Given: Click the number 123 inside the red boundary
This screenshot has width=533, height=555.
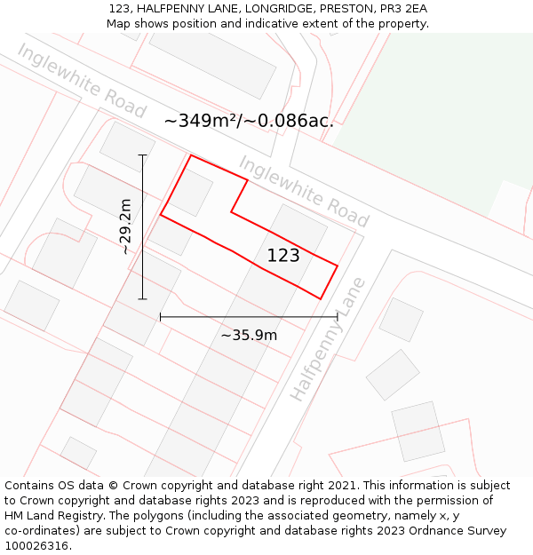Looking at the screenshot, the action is pos(283,256).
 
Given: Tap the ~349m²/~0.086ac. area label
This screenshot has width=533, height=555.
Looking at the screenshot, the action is pos(249,121).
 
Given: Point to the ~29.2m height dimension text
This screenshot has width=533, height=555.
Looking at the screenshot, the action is pos(125,226).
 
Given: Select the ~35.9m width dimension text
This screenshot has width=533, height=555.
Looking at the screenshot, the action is pos(249,335).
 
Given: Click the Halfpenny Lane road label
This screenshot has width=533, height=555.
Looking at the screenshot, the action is pos(328,339).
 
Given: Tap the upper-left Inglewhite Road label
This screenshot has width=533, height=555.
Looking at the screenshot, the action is pos(81,81).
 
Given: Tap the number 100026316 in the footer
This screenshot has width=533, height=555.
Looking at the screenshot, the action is pos(36,546).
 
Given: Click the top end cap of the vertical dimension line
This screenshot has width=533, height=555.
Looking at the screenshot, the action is pos(142,155).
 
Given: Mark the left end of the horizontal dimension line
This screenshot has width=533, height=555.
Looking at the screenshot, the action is pos(161,316).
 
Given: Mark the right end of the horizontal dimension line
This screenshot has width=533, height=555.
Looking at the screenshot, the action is pos(337,316).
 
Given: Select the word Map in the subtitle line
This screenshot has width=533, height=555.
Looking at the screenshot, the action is pos(119,23).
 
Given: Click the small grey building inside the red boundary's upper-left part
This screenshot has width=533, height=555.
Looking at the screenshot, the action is pos(190,190).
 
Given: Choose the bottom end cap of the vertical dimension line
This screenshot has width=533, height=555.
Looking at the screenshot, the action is pos(142,299).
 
